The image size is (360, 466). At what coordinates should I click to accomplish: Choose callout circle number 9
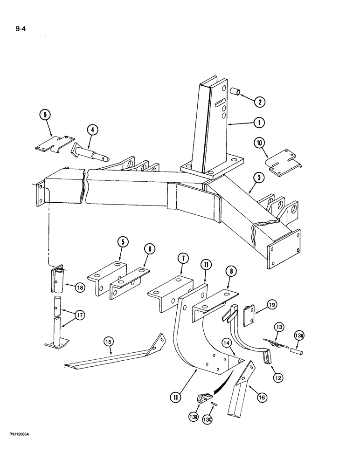(x=46, y=115)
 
